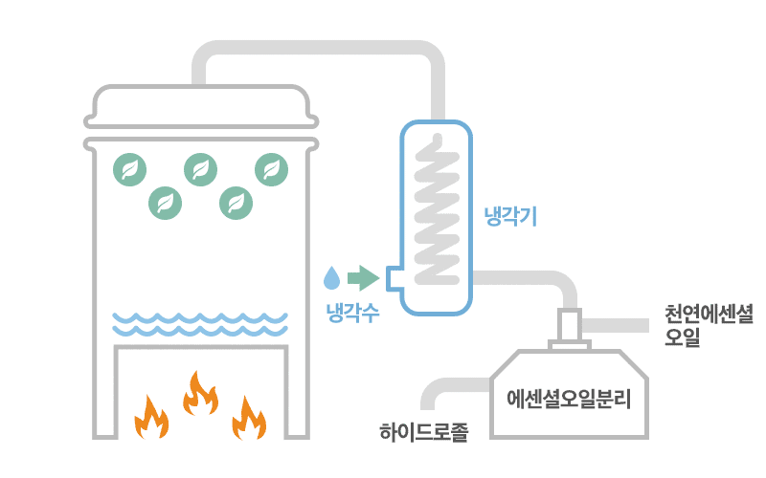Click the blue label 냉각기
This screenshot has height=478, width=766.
[510, 216]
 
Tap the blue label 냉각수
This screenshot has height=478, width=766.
[352, 312]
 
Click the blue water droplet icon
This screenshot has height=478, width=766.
[331, 277]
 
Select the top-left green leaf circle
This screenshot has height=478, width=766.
[130, 169]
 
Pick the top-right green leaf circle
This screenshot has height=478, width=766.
[271, 169]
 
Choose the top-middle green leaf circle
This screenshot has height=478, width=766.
[200, 169]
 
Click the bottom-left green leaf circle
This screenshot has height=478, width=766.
[166, 202]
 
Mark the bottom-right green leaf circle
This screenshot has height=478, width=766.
[236, 202]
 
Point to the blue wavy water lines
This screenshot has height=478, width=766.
[200, 324]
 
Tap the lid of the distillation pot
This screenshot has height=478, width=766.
[200, 105]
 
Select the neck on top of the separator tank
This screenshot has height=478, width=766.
[569, 327]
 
